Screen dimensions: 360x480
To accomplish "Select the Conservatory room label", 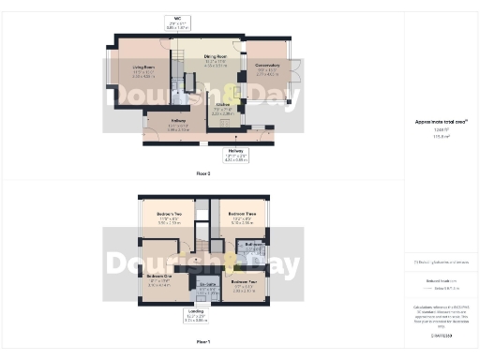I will (x=267, y=68).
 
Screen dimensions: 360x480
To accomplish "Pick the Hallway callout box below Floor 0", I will (x=236, y=156).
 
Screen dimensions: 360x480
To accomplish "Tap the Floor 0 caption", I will (x=203, y=174).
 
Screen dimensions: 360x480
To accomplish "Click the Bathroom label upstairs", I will (x=254, y=244).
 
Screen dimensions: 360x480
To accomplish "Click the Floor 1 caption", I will (x=203, y=341).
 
